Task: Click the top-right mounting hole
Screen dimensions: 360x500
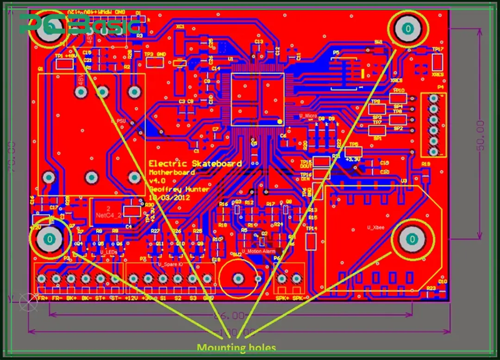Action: coord(408,29)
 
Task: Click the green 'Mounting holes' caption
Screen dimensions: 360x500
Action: coord(236,348)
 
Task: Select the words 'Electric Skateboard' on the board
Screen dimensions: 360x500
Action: coord(195,163)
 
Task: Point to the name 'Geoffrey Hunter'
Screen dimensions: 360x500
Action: coord(179,189)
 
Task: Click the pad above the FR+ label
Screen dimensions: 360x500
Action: coord(42,279)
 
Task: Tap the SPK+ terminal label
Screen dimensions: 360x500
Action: coord(282,298)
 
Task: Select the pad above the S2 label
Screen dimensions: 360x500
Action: coord(178,279)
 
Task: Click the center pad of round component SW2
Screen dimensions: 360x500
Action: coord(238,279)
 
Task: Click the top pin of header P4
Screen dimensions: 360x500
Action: coord(433,98)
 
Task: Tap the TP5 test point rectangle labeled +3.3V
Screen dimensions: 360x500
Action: coord(354,152)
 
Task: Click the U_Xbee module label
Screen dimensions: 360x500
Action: coord(376,227)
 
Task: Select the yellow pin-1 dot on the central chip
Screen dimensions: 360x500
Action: coord(280,121)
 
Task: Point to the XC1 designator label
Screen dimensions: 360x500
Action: coord(180,27)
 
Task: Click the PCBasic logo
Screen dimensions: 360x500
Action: coord(79,24)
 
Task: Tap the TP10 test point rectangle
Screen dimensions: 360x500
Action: coord(398,98)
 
